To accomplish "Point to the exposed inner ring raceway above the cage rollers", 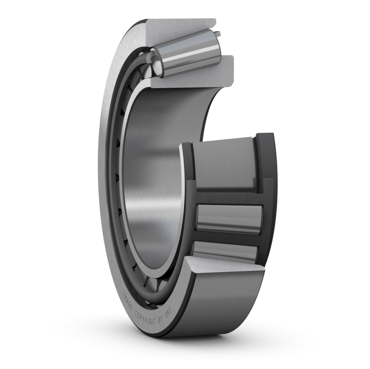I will click(x=224, y=164).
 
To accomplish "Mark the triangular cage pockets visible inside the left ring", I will click(x=118, y=176).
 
